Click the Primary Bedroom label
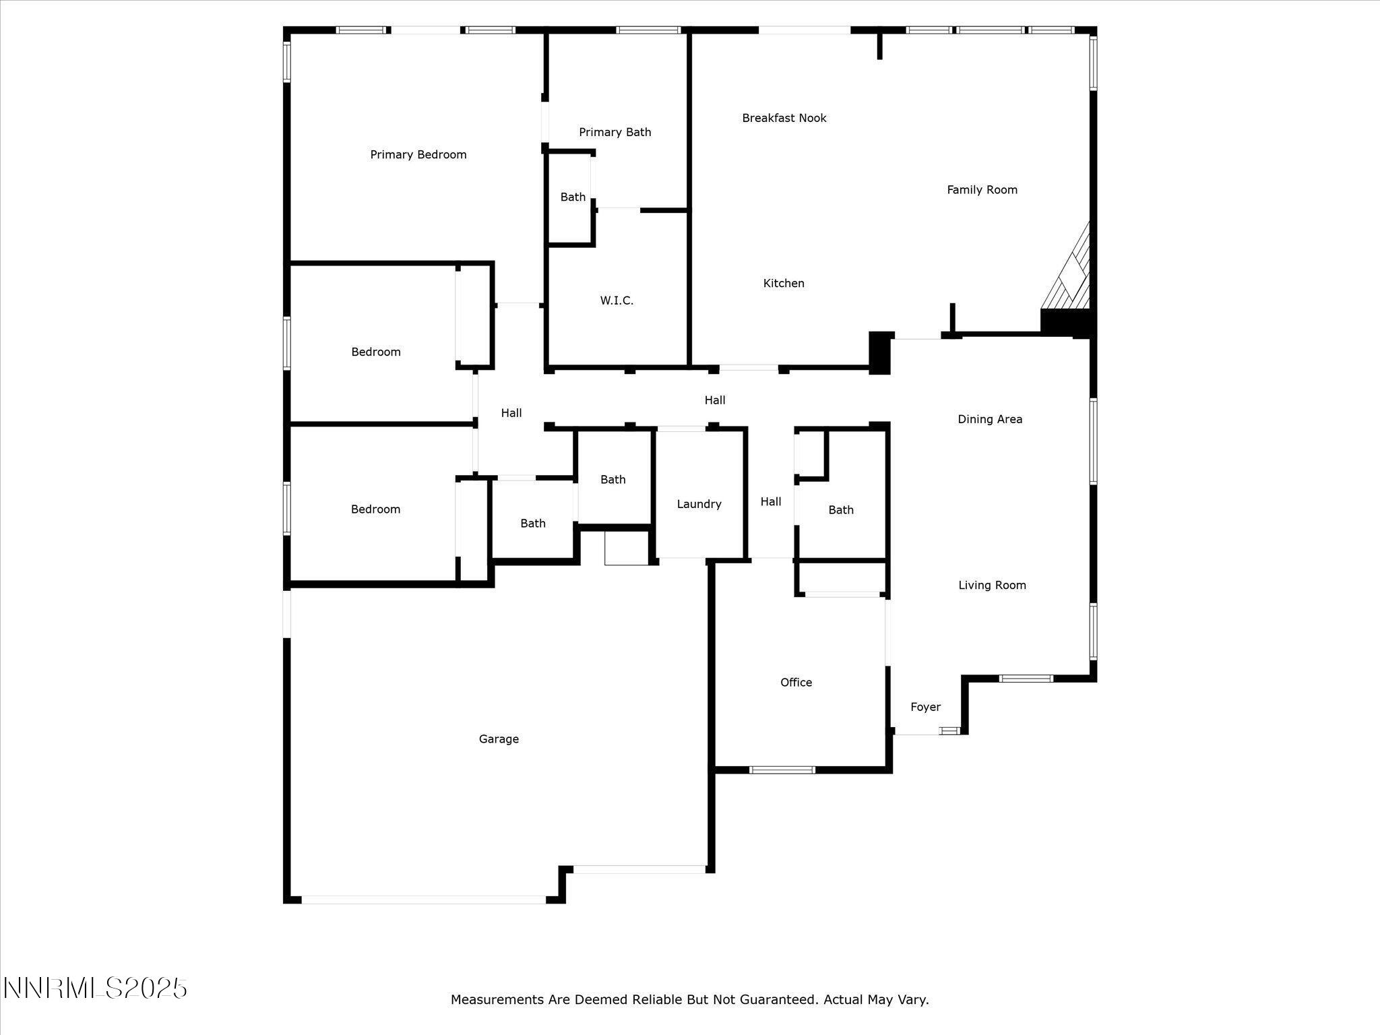pyautogui.click(x=418, y=155)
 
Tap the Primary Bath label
pyautogui.click(x=615, y=132)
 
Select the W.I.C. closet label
pyautogui.click(x=617, y=301)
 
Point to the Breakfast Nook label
pyautogui.click(x=784, y=118)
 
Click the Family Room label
pyautogui.click(x=982, y=190)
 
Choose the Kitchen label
pyautogui.click(x=783, y=284)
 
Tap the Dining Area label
pyautogui.click(x=989, y=419)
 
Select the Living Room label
pyautogui.click(x=992, y=586)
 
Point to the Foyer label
pyautogui.click(x=924, y=707)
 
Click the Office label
pyautogui.click(x=796, y=683)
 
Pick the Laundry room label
pyautogui.click(x=699, y=504)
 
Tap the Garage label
pyautogui.click(x=499, y=739)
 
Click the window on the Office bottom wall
pyautogui.click(x=782, y=770)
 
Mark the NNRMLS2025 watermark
pyautogui.click(x=95, y=989)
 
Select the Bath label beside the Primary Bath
pyautogui.click(x=573, y=197)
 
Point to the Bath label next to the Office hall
pyautogui.click(x=840, y=510)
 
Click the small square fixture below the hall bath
pyautogui.click(x=626, y=548)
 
